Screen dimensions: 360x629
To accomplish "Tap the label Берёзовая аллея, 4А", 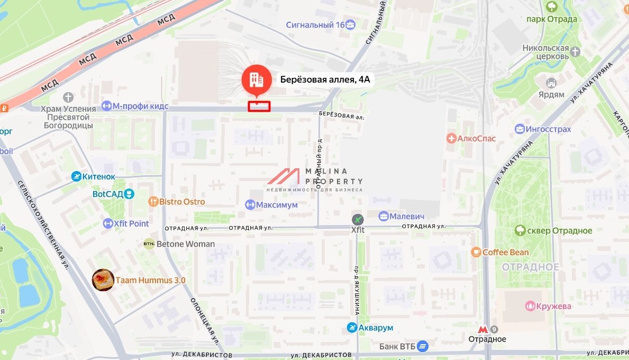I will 325,80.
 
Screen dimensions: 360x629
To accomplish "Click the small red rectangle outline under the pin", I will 259,106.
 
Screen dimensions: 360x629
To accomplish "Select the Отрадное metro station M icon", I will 482,329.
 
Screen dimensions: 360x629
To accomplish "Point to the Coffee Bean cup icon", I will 476,252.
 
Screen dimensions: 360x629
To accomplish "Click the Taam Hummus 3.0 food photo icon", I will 103,280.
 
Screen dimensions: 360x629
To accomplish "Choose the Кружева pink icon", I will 530,306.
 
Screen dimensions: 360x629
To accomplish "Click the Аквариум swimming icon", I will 352,328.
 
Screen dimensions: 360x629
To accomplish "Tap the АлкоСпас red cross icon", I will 451,139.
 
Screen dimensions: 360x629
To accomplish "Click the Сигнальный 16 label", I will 315,25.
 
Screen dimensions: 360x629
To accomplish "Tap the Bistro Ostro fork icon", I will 153,201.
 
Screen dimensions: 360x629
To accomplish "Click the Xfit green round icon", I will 358,219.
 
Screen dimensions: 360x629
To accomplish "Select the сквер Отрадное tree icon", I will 520,230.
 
